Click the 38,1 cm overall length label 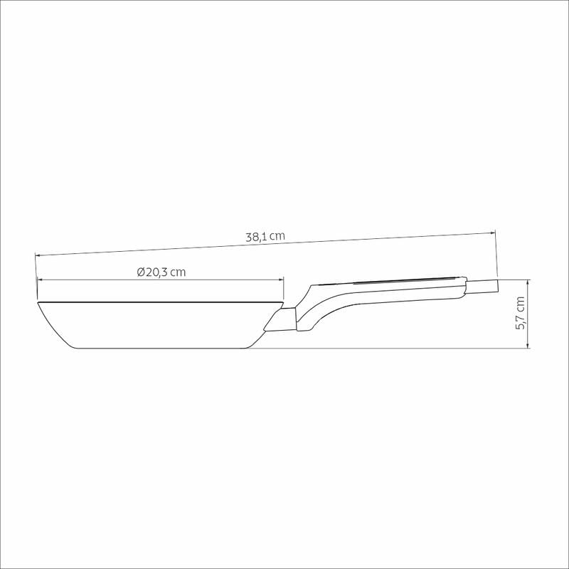265,237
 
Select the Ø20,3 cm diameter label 161,272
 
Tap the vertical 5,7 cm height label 521,313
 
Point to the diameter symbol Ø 141,272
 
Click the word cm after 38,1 277,236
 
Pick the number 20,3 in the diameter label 156,272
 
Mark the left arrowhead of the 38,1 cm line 37,255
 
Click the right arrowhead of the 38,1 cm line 493,233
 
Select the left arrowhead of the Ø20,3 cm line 40,280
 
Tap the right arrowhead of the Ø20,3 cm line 281,280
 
